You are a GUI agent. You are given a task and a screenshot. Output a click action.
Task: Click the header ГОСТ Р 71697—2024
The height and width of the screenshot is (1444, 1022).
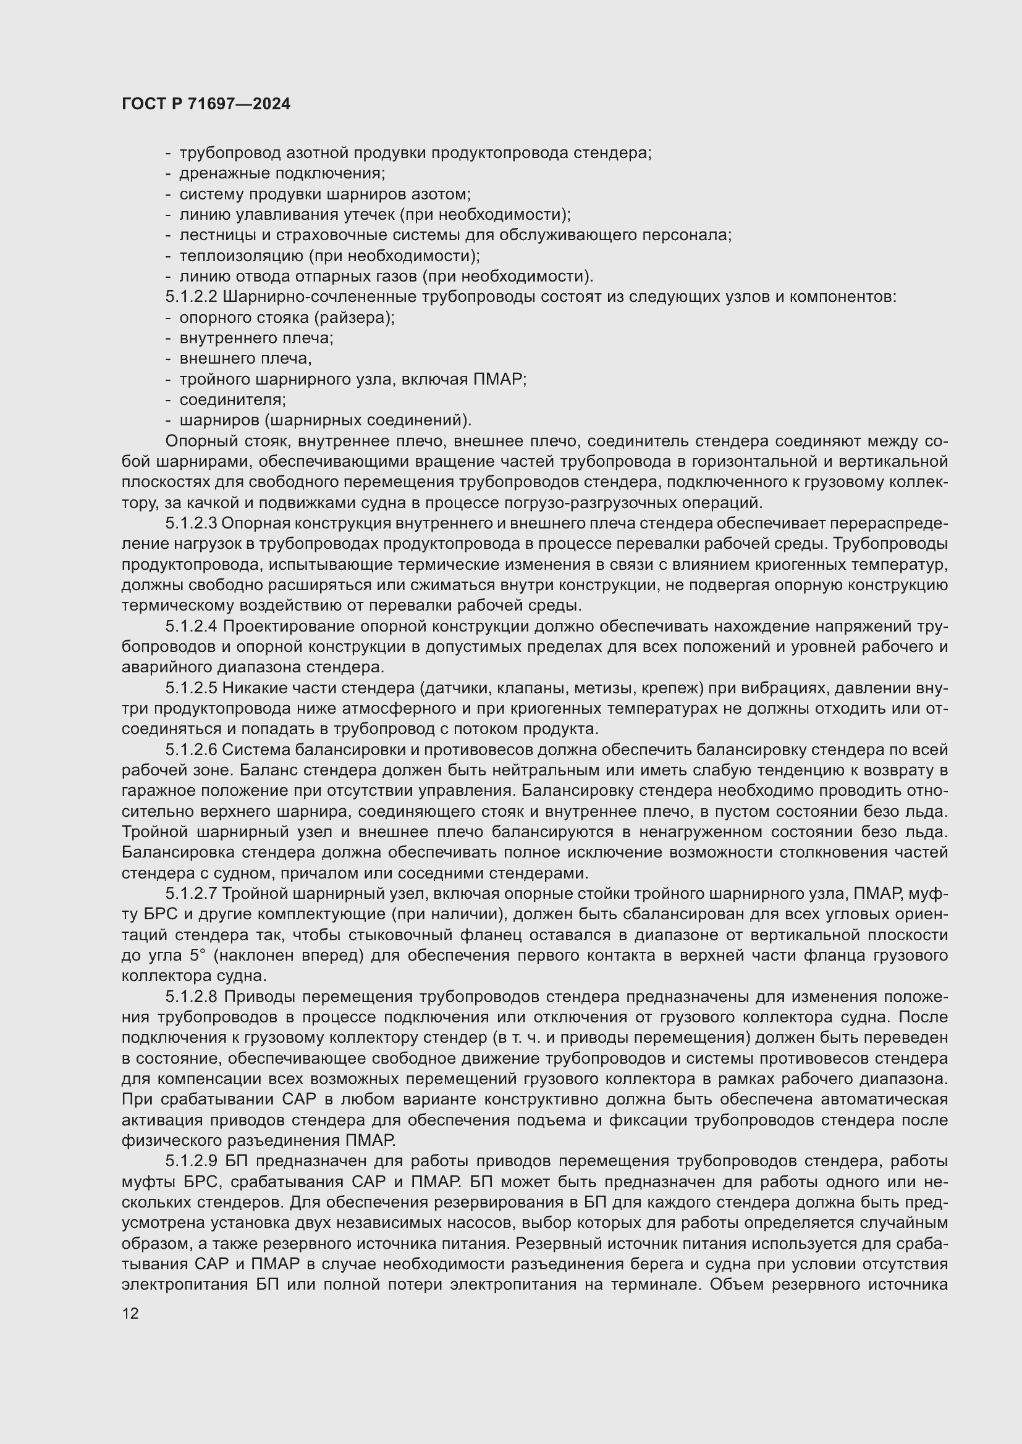pos(206,104)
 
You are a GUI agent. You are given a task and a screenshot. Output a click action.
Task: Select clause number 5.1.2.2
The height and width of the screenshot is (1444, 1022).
pos(192,297)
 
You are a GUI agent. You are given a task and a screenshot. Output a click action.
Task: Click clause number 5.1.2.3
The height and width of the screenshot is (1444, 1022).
pos(192,524)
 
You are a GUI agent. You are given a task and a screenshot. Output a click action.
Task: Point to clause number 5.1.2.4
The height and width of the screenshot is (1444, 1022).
pos(192,627)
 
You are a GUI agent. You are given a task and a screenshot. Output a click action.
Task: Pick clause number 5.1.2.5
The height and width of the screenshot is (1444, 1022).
pos(192,688)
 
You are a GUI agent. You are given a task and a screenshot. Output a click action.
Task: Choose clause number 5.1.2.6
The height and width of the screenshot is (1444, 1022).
pos(192,749)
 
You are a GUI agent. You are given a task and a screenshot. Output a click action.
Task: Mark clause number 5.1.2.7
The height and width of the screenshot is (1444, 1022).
pos(192,894)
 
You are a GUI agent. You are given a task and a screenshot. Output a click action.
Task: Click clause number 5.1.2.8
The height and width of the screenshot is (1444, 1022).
pos(192,997)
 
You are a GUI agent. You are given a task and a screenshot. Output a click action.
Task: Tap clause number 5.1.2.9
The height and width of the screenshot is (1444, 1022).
pos(192,1161)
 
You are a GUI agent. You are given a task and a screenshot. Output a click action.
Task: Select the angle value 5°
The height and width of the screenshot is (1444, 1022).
pos(197,956)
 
